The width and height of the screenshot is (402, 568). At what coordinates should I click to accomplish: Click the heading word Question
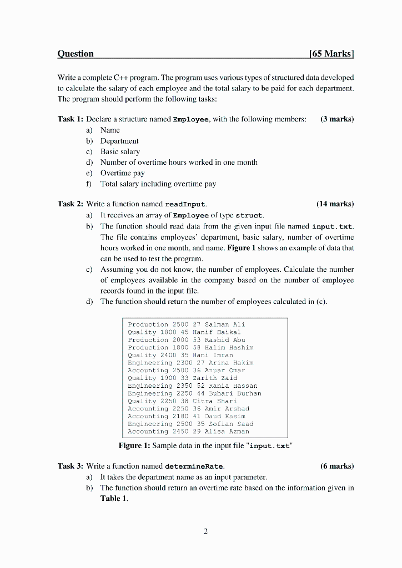76,54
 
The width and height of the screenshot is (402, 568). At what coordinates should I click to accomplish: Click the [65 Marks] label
331,54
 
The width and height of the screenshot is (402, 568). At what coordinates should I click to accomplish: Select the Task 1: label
71,119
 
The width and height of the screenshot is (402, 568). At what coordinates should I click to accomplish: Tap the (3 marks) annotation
337,119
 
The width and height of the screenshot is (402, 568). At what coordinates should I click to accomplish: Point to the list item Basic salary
120,151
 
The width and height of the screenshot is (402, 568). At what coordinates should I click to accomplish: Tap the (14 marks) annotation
335,204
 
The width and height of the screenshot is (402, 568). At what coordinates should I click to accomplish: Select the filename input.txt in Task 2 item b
333,226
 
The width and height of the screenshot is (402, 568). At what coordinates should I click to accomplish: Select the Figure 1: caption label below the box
134,445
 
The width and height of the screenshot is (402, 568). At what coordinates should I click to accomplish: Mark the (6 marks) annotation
337,466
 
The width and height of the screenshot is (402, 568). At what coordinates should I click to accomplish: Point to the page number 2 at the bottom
205,532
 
